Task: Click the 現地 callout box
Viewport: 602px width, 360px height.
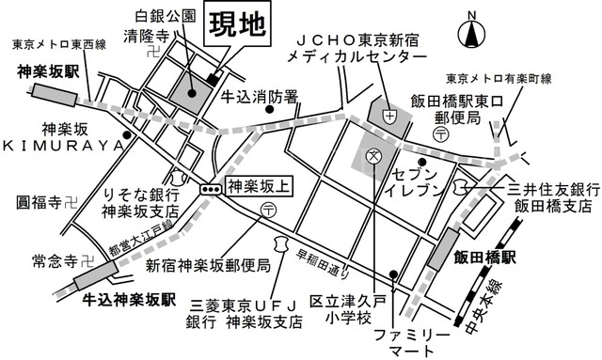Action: pos(237,25)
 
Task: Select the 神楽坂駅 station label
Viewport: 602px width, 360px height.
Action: pos(48,71)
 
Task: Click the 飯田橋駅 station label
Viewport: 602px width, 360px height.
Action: pos(484,258)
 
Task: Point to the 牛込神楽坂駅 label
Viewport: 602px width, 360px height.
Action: pos(130,299)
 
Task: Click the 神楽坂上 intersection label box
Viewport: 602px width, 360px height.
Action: pos(259,187)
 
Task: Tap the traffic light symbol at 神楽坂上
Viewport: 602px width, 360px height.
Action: pos(211,189)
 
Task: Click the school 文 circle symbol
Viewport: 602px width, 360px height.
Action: pos(372,156)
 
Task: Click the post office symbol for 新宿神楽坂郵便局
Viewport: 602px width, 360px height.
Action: pos(267,210)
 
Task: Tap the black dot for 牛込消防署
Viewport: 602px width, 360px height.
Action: pos(270,109)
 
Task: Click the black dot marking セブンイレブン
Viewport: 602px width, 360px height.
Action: pos(422,162)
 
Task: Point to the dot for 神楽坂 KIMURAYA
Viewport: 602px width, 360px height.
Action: pos(126,135)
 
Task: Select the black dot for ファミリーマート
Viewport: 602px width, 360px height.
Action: pos(393,274)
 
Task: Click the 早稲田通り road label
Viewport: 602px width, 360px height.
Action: pos(324,264)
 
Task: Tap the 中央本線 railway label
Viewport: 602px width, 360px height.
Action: pos(483,307)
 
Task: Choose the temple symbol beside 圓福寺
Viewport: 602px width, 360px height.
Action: pos(71,202)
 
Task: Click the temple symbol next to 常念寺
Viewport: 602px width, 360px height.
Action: pos(87,261)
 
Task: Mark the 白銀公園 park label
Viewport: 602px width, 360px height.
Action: pos(166,16)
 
